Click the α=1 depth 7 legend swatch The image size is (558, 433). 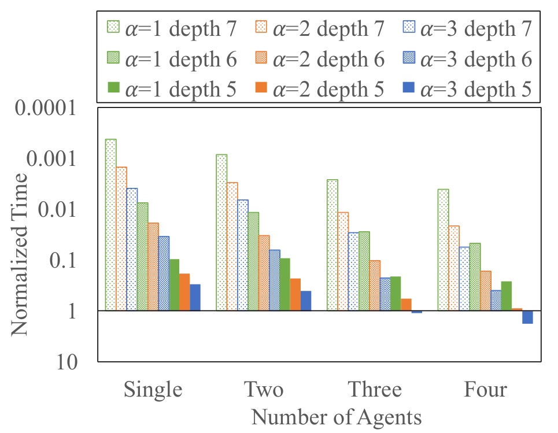tap(113, 27)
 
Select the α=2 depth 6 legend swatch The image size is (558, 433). tap(261, 57)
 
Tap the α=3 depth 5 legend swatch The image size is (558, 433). tap(409, 87)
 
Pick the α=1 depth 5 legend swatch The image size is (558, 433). tap(113, 87)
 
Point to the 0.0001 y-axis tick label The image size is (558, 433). tap(46, 107)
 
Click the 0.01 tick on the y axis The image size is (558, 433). tap(57, 209)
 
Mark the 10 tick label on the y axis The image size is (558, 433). tap(67, 362)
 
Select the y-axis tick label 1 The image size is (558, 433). tap(72, 312)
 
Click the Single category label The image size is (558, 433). tap(153, 390)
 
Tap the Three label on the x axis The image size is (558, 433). tap(375, 389)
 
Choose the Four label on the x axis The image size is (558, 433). tap(485, 389)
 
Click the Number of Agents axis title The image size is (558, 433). tap(337, 417)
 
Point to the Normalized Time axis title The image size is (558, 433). tap(19, 254)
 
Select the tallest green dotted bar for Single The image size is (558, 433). tap(110, 225)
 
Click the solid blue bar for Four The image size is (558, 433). tap(527, 317)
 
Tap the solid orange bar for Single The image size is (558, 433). tap(184, 292)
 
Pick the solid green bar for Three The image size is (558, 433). tap(396, 294)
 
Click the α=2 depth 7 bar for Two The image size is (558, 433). tap(232, 247)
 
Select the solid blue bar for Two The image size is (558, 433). tap(306, 301)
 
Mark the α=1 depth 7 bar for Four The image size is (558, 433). tap(443, 250)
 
